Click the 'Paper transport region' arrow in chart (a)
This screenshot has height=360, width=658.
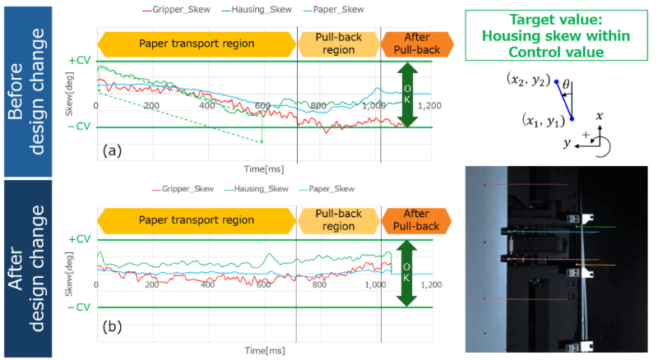click(x=196, y=43)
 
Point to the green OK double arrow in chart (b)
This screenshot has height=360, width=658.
click(x=403, y=273)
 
